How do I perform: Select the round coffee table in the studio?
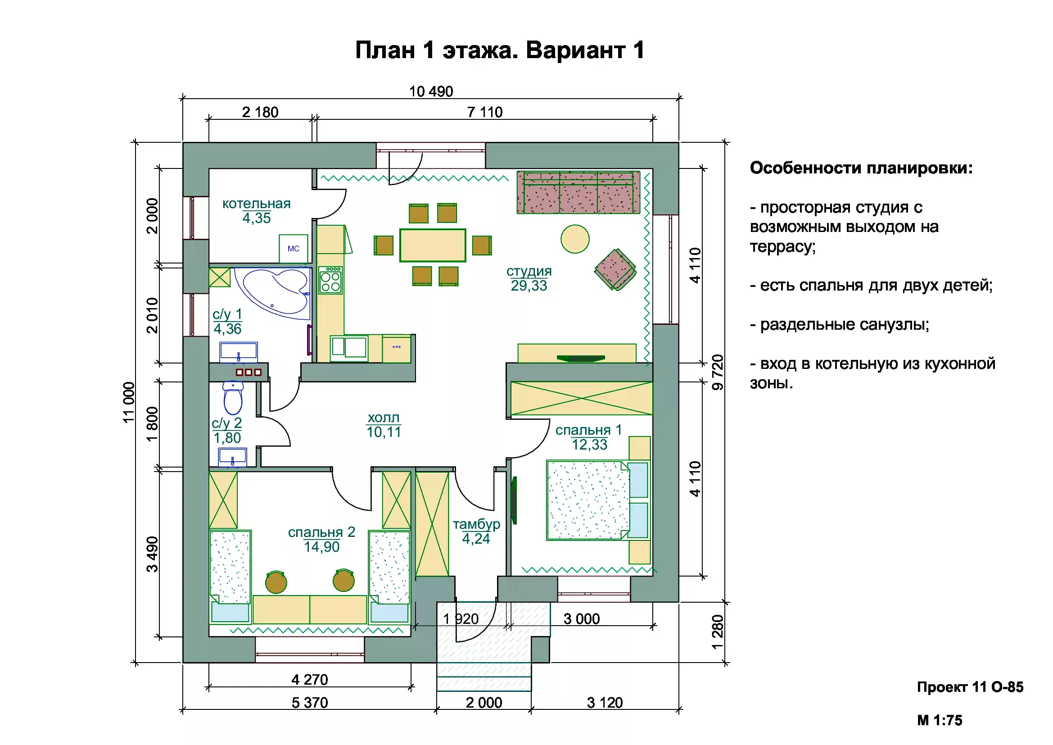(574, 239)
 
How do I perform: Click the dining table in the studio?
(433, 245)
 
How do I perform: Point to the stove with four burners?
(330, 280)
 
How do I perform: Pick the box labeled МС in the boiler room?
(294, 249)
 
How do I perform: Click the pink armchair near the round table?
(615, 270)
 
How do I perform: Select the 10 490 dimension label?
(431, 92)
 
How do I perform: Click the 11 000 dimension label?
(129, 402)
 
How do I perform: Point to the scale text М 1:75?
(939, 720)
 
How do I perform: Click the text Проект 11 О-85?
(970, 687)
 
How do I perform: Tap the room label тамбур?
(476, 524)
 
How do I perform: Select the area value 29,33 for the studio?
(529, 286)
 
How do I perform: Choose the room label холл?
(384, 418)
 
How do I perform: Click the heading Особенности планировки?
(861, 168)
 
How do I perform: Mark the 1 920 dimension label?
(461, 619)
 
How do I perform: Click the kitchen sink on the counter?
(349, 347)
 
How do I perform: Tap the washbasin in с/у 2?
(232, 457)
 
